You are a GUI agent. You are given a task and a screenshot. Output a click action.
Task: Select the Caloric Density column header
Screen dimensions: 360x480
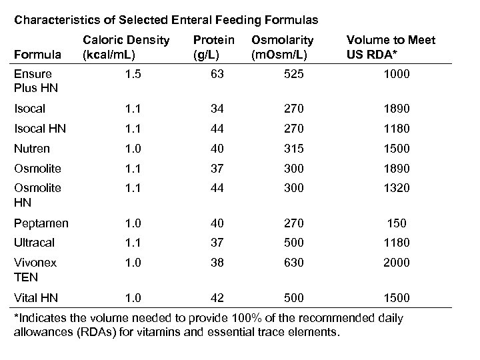point(125,47)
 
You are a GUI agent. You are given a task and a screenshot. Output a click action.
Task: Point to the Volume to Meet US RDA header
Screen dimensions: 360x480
point(390,47)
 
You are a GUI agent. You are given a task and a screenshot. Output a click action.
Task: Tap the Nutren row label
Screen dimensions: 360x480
point(32,149)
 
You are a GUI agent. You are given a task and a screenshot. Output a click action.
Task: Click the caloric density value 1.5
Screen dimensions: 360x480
point(133,75)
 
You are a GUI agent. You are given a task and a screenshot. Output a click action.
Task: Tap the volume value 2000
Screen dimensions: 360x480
point(397,263)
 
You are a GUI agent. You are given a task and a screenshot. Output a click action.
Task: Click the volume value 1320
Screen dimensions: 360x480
point(397,189)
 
